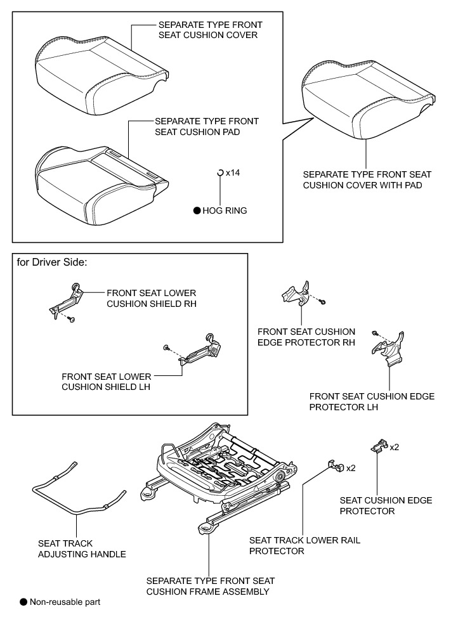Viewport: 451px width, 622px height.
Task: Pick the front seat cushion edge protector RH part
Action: click(x=296, y=294)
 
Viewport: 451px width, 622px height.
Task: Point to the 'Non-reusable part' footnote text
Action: click(x=65, y=601)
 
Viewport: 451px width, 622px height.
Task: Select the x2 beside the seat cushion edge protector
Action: click(x=395, y=447)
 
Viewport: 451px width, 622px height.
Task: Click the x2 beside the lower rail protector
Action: click(x=350, y=468)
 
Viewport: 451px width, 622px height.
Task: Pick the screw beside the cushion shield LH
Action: click(x=166, y=347)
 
